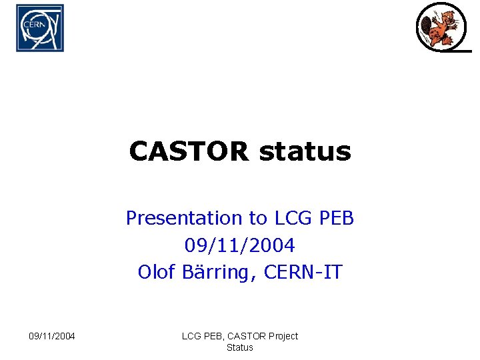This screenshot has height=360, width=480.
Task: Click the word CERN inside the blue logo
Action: (x=34, y=24)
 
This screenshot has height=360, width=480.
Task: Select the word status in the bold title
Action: (x=305, y=152)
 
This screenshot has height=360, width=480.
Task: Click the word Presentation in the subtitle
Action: (x=184, y=218)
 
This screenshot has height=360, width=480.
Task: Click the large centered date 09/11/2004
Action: (x=240, y=245)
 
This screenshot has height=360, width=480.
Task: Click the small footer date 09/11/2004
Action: (x=52, y=336)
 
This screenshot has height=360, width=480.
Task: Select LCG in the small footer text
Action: (x=192, y=336)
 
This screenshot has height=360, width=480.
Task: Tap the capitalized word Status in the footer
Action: (x=240, y=347)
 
